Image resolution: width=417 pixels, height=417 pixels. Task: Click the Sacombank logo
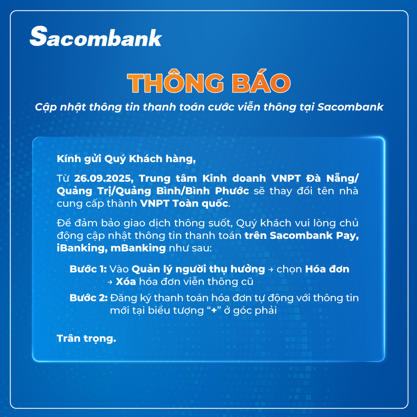click(x=96, y=36)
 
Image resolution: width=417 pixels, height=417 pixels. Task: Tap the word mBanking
click(x=138, y=248)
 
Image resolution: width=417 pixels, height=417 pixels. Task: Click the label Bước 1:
click(x=88, y=269)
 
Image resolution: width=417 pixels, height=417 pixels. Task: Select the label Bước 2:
click(x=88, y=298)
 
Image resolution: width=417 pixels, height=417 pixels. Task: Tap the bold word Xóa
click(x=126, y=281)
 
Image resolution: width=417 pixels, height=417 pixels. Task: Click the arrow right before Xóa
click(x=110, y=282)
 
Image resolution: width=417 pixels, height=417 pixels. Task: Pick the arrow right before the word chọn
click(x=271, y=270)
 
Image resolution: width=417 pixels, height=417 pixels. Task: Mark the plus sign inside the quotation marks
click(x=214, y=310)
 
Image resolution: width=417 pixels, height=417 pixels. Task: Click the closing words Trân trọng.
click(x=86, y=339)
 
